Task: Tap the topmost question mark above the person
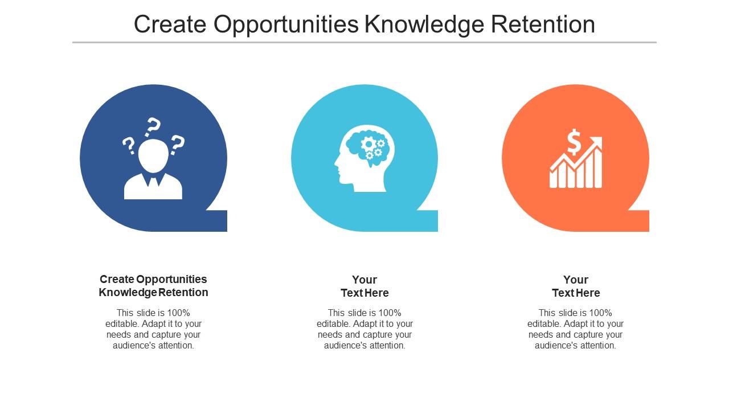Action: pyautogui.click(x=153, y=127)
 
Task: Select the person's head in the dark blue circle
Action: pyautogui.click(x=153, y=155)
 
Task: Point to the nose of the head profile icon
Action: pyautogui.click(x=337, y=168)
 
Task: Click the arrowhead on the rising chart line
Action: pyautogui.click(x=597, y=141)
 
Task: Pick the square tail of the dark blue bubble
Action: pyautogui.click(x=216, y=221)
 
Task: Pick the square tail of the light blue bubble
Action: pyautogui.click(x=427, y=221)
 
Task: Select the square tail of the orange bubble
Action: pyautogui.click(x=638, y=221)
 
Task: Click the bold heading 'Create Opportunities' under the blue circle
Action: pyautogui.click(x=153, y=279)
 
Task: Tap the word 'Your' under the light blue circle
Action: pyautogui.click(x=364, y=280)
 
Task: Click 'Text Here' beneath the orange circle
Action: pyautogui.click(x=576, y=293)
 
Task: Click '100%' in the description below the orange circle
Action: pyautogui.click(x=601, y=313)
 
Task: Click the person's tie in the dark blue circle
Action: pyautogui.click(x=153, y=182)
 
